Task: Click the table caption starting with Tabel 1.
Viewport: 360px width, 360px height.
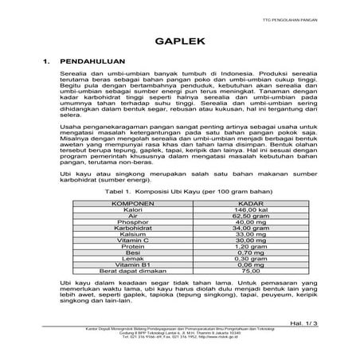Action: click(180, 192)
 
